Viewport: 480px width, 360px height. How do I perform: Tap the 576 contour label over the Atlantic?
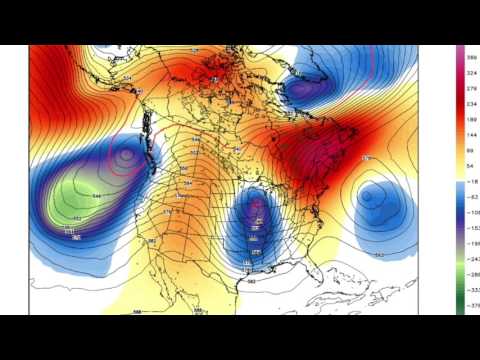tap(366, 158)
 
